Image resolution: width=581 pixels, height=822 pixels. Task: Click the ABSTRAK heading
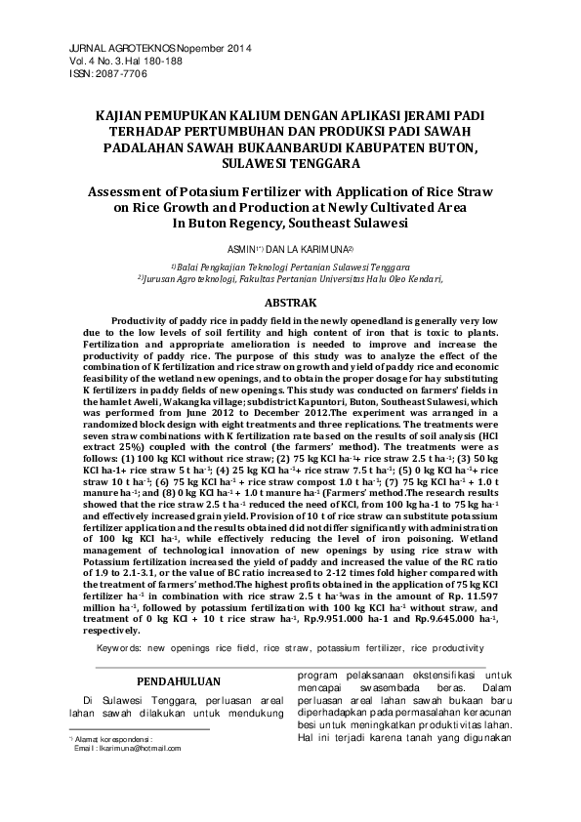point(291,304)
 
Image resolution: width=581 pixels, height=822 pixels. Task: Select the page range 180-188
point(161,61)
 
